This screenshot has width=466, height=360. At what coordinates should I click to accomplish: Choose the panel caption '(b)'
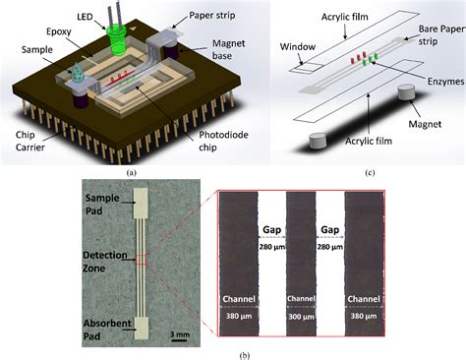233,351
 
